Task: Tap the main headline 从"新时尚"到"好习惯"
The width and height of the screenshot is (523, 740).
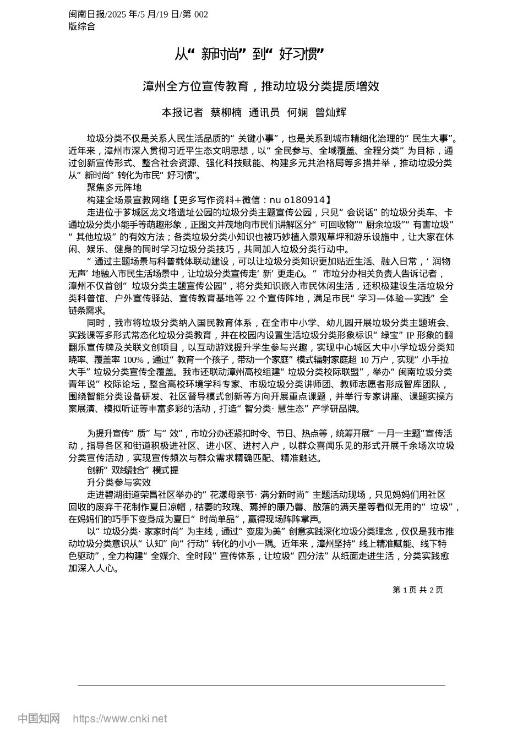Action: click(x=249, y=54)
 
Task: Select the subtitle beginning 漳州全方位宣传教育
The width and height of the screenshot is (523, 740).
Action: click(x=261, y=86)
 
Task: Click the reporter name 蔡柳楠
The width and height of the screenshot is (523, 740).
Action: click(x=226, y=112)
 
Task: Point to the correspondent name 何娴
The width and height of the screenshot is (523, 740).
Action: click(x=297, y=112)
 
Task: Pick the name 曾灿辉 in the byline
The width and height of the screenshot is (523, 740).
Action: click(x=330, y=112)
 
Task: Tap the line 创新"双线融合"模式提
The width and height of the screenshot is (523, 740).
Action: click(x=132, y=470)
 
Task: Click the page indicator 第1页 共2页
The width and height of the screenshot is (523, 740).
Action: click(x=417, y=590)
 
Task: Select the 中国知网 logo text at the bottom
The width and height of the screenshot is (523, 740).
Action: click(x=39, y=719)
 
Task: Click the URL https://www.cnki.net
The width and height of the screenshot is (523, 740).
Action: click(x=119, y=719)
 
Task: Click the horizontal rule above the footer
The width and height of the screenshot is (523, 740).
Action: click(x=261, y=685)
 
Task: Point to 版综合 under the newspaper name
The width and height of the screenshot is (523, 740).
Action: click(x=82, y=26)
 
